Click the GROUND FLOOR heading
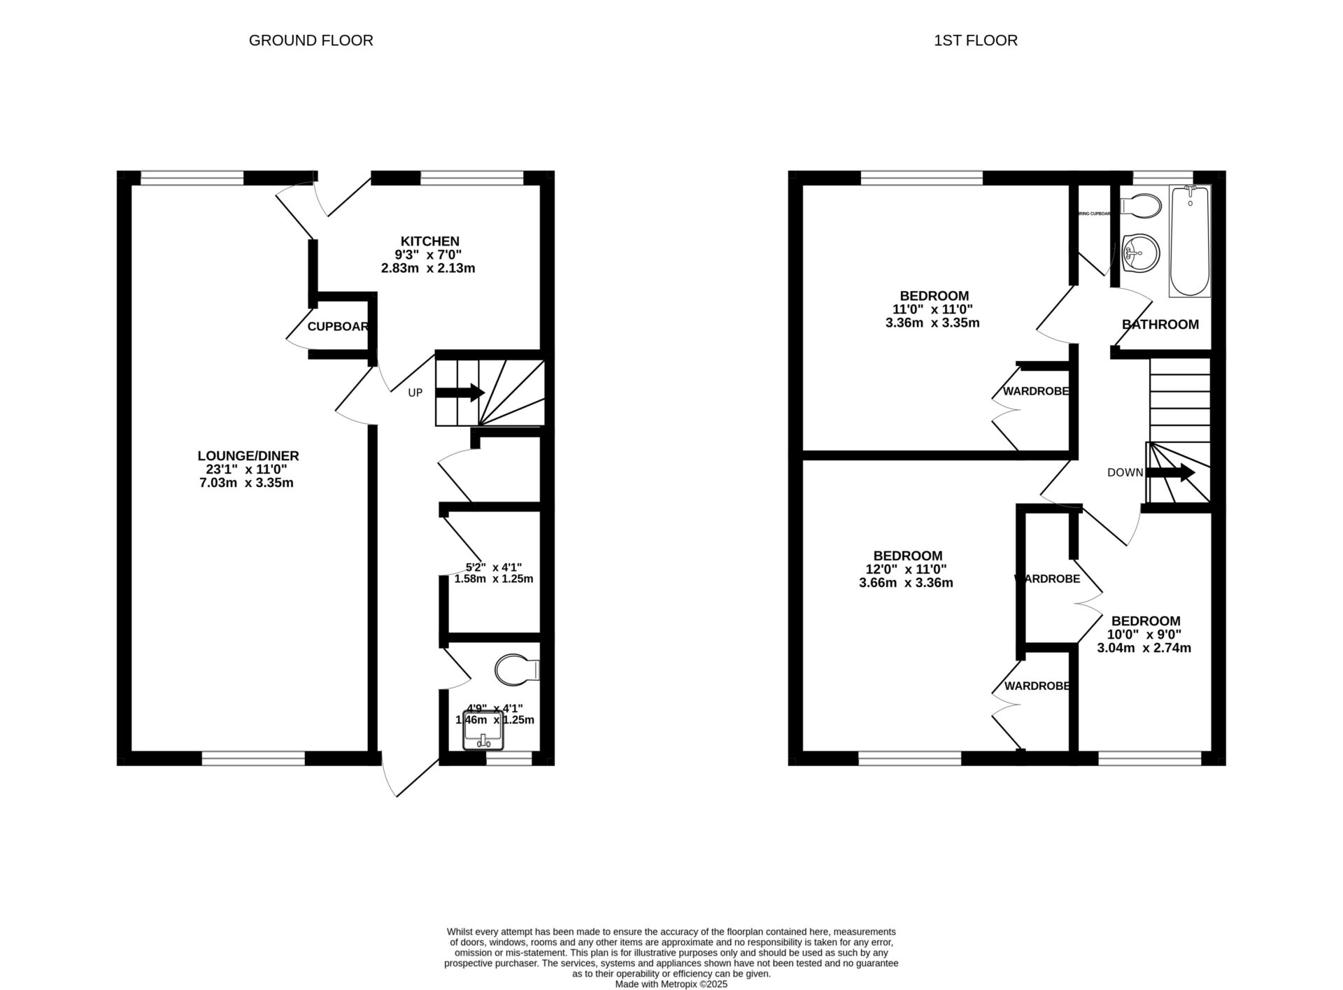311,41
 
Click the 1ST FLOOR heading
975,41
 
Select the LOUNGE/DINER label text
248,456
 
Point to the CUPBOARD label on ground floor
338,327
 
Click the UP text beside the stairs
415,393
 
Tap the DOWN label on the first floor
1125,473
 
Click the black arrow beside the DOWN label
1170,473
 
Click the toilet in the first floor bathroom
1140,206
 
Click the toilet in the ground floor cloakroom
517,670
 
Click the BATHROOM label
1160,325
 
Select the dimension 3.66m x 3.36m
906,583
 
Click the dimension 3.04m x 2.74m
1144,648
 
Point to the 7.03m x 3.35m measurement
246,483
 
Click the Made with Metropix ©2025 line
671,984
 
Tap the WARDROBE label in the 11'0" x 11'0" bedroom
1036,392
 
